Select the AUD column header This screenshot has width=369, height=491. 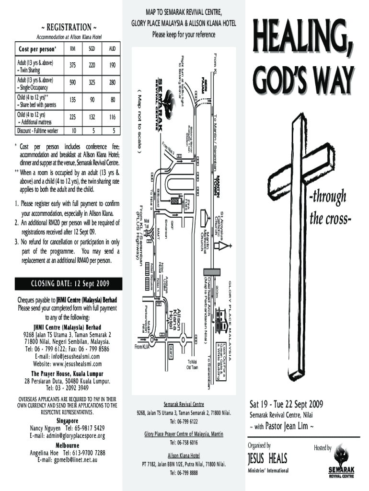click(x=112, y=48)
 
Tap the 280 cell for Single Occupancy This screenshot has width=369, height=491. click(x=112, y=83)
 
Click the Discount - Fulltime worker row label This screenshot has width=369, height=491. click(x=38, y=130)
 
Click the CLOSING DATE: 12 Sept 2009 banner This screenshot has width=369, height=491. click(x=67, y=283)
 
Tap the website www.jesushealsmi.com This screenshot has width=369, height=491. click(x=67, y=364)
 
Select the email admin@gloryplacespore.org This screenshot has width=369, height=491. click(x=67, y=436)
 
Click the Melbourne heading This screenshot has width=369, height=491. click(x=67, y=444)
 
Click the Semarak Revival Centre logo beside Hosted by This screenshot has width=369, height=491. click(x=341, y=460)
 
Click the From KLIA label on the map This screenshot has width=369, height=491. click(x=142, y=347)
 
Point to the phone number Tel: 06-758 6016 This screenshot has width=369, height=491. click(x=184, y=443)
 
